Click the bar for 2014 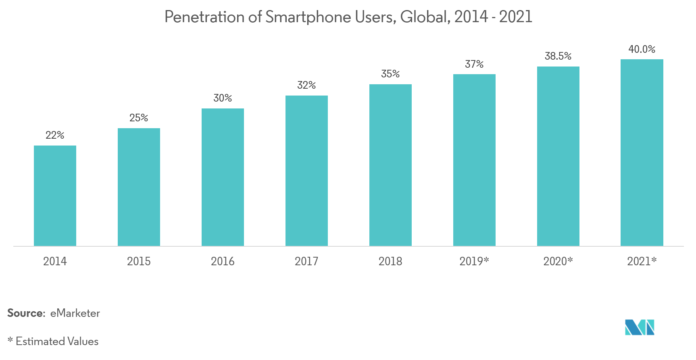[x=55, y=196]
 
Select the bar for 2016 [x=223, y=177]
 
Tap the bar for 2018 [x=390, y=165]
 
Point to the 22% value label [x=55, y=135]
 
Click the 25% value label [x=139, y=118]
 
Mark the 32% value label [x=306, y=85]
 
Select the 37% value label [x=474, y=64]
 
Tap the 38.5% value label [x=558, y=56]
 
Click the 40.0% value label [x=642, y=49]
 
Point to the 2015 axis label [x=139, y=261]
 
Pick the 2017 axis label [x=306, y=261]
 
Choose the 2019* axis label [x=474, y=261]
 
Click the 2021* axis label [x=642, y=261]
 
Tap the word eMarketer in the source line [x=75, y=313]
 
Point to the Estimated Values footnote [x=57, y=341]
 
